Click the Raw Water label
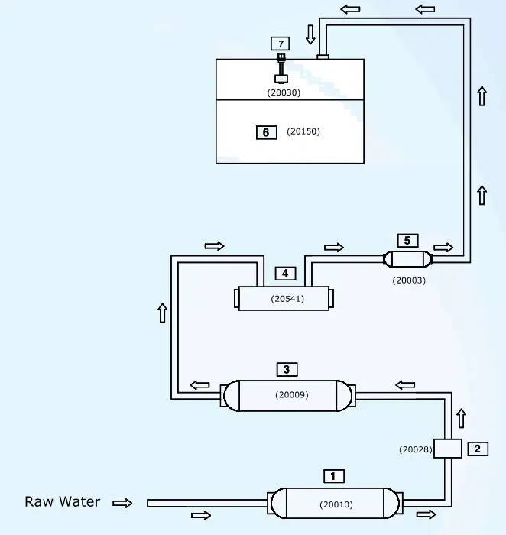tap(63, 502)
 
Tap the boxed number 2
tap(477, 449)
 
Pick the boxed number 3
tap(286, 370)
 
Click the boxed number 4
tap(285, 273)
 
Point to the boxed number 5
tap(407, 241)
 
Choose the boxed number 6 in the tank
tap(265, 132)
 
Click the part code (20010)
tap(336, 504)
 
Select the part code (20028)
tap(416, 449)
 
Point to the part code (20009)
tap(291, 395)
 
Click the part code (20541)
tap(287, 299)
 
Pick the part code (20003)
tap(409, 280)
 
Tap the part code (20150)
tap(303, 131)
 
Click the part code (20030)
tap(284, 92)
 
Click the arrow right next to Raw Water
tap(122, 503)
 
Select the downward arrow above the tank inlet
tap(310, 34)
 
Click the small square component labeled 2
tap(447, 449)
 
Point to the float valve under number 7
tap(281, 70)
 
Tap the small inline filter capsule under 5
tap(407, 259)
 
